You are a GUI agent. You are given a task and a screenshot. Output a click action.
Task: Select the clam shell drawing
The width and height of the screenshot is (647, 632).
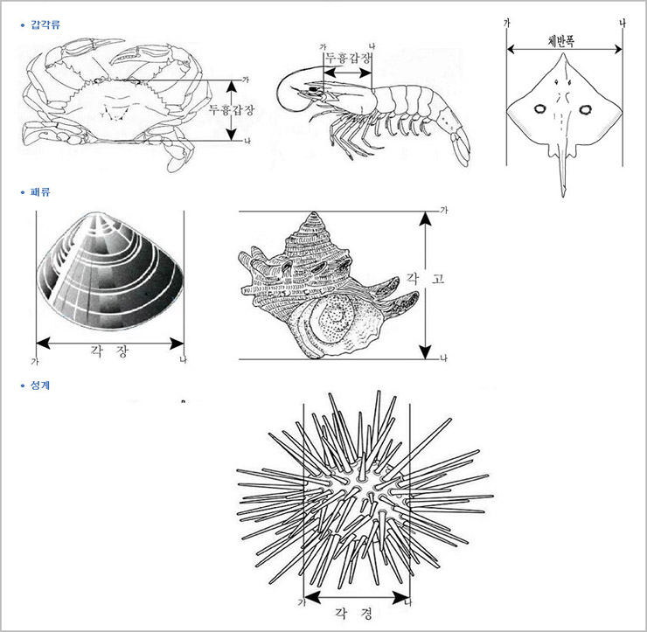(109, 271)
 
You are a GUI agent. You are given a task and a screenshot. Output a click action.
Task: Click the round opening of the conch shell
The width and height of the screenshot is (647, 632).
(337, 320)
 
